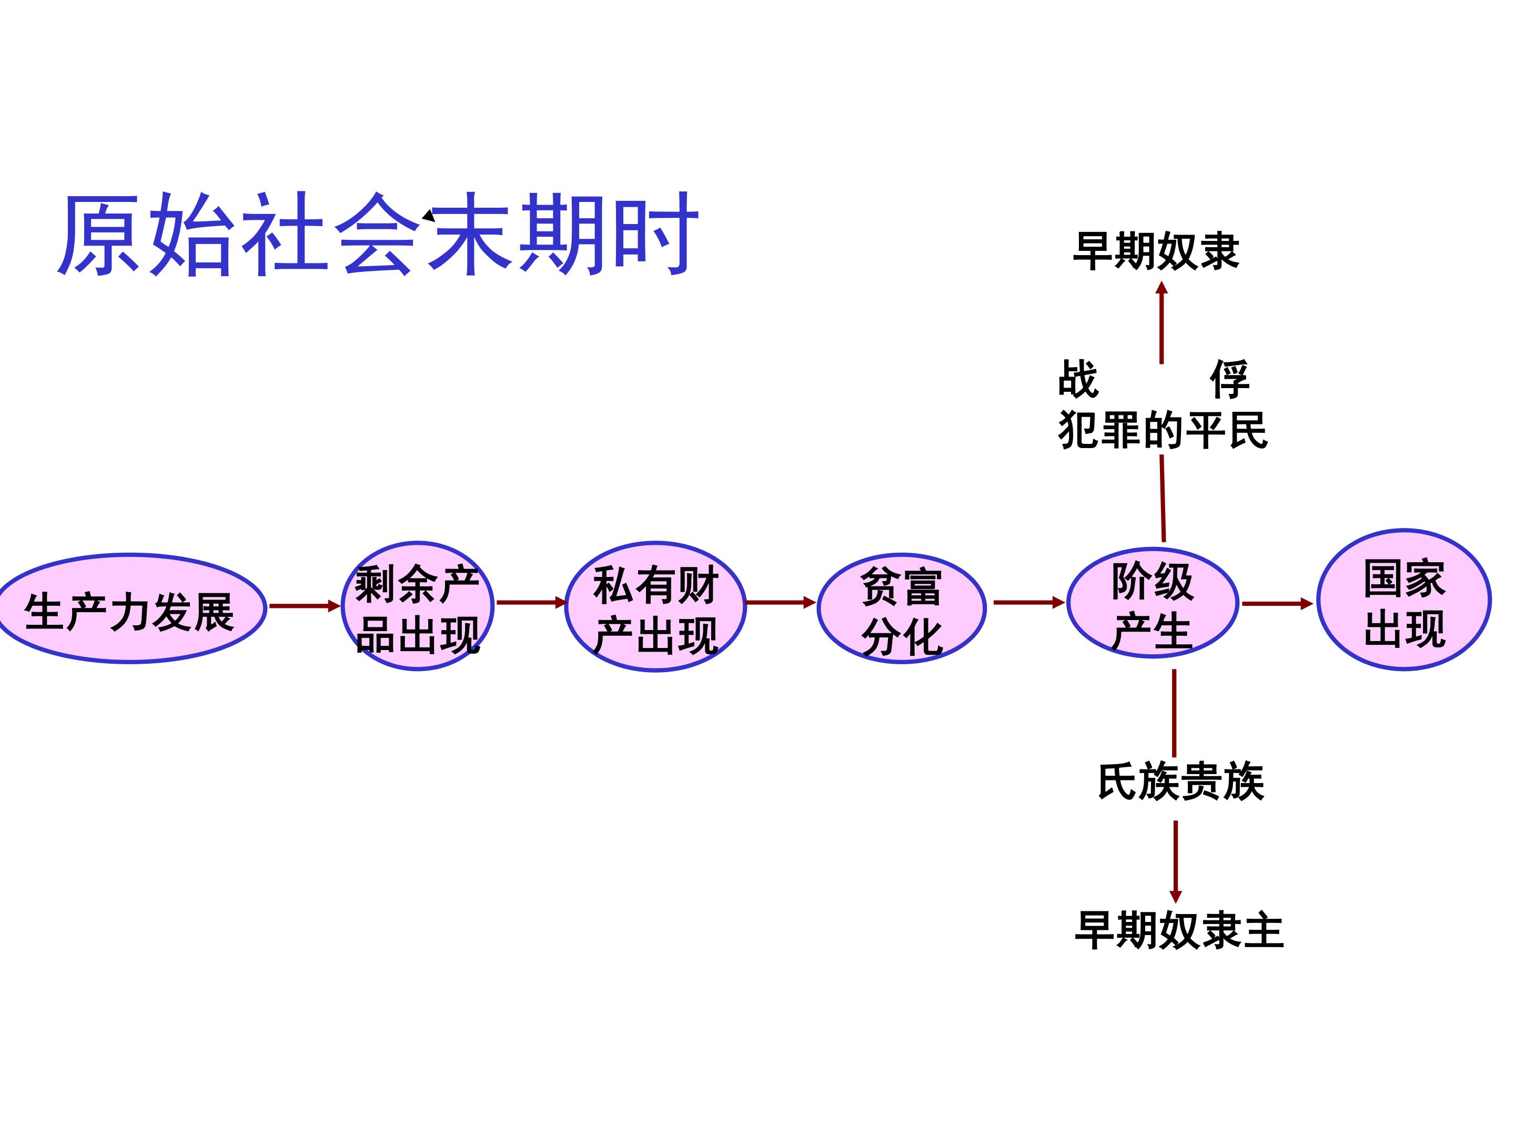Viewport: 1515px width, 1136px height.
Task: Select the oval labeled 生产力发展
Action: (130, 608)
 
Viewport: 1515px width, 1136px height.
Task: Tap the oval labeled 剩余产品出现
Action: (417, 606)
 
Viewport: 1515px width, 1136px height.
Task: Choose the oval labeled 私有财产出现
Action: (655, 607)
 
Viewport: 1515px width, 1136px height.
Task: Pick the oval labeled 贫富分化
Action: (901, 608)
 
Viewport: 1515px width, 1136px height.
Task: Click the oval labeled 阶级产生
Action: (1152, 603)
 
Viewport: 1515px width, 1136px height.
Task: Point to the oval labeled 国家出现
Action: (1403, 601)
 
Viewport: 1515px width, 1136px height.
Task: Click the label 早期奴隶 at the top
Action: (1156, 251)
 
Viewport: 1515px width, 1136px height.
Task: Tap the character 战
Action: (1078, 378)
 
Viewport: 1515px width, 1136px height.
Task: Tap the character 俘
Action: (1229, 378)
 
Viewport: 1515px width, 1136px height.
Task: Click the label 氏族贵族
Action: (1181, 782)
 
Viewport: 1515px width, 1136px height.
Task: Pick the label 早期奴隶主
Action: (1179, 930)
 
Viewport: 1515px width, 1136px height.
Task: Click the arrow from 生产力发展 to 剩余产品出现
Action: (304, 606)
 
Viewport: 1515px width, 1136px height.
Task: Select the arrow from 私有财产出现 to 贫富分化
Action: (780, 603)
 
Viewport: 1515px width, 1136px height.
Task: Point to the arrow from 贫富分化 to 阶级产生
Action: (1029, 603)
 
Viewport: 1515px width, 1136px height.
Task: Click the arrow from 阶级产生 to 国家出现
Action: (1277, 604)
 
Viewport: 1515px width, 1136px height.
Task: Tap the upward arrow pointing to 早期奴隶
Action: (1161, 322)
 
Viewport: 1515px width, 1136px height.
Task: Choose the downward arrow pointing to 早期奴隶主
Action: (1176, 861)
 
